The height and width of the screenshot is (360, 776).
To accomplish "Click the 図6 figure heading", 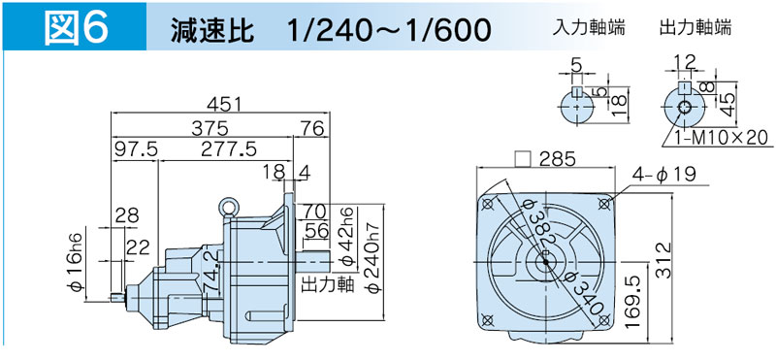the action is click(76, 27).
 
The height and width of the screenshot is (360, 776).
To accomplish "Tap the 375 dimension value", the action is click(211, 128).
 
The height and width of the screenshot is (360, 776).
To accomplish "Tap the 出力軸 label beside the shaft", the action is click(328, 283).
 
